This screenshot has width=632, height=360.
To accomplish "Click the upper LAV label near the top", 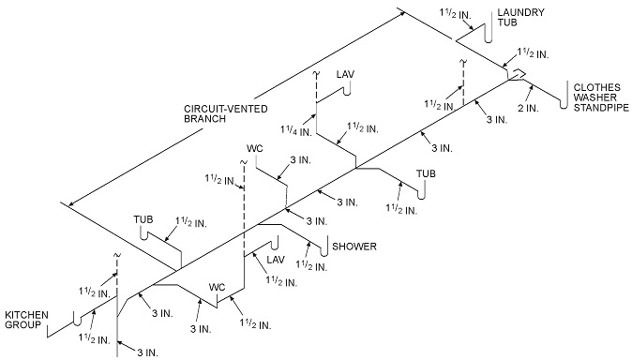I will click(x=345, y=74).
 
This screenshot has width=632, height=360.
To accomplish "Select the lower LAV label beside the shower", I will click(x=275, y=260).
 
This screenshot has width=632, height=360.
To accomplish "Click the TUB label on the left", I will click(x=143, y=219).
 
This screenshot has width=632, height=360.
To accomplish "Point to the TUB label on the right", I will click(x=427, y=173).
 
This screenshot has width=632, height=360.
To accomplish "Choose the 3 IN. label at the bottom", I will click(x=144, y=352).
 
